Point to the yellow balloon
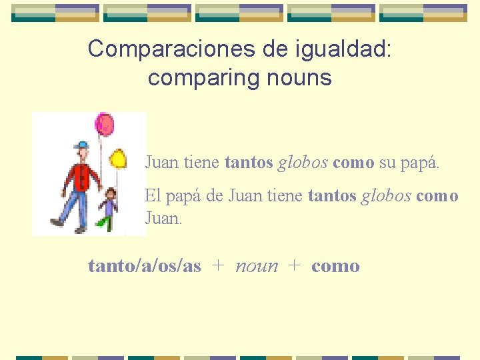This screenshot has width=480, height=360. coord(118,159)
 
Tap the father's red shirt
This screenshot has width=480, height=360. coord(80,177)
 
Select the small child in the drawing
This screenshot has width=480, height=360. coord(107,208)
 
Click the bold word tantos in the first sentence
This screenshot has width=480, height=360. coord(248,163)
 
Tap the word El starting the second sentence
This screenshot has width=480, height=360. coord(153,197)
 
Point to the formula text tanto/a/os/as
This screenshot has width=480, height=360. coord(144,266)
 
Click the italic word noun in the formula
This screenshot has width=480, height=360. coord(257,266)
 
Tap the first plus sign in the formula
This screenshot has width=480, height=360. coord(217,266)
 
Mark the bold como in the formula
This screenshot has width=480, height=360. coord(335,266)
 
